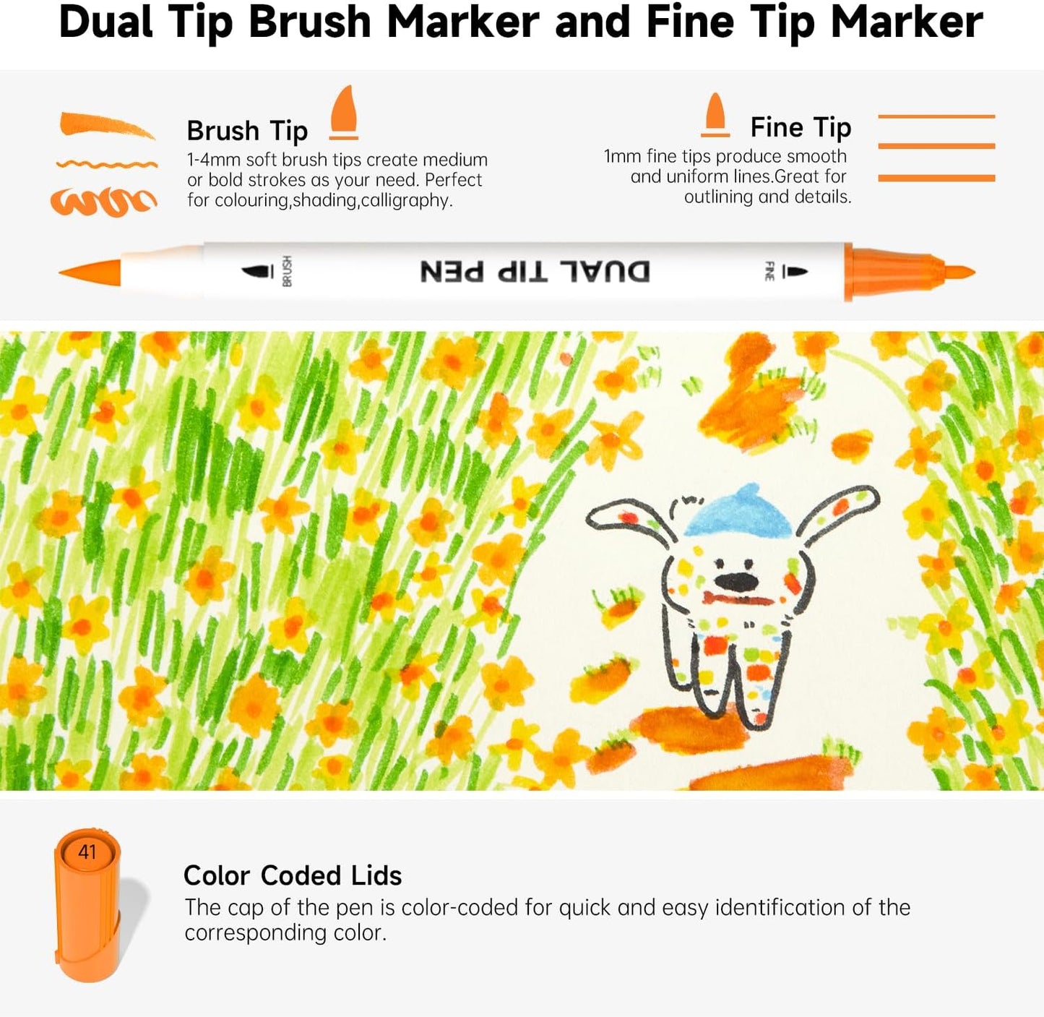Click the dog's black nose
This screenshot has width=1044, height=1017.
tap(735, 580)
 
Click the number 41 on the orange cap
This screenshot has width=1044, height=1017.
tap(87, 852)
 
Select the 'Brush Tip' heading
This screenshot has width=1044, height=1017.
tap(247, 131)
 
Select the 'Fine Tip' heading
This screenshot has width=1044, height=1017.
tap(801, 127)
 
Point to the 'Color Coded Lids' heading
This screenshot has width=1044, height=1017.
tap(293, 875)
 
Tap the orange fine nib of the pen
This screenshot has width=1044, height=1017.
tap(958, 273)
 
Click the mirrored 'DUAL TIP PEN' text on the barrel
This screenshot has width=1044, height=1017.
tap(535, 272)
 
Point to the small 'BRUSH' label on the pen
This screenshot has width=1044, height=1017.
tap(287, 271)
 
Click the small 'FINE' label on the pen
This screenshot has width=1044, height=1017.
tap(769, 271)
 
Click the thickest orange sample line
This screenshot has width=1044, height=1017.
tap(936, 178)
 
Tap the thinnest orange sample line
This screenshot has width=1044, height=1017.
tap(936, 116)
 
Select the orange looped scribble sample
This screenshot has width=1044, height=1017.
tap(103, 202)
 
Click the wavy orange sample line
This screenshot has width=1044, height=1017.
tap(106, 165)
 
